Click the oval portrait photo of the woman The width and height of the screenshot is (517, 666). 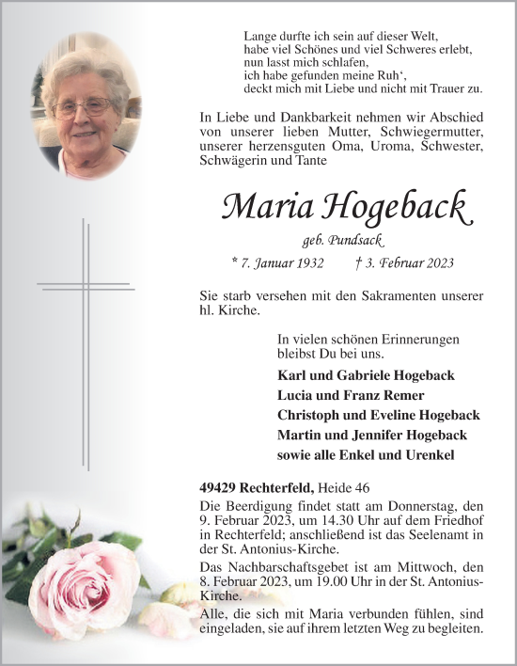(86, 105)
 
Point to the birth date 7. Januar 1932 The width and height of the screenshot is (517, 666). (283, 264)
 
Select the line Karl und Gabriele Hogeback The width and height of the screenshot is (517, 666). (366, 374)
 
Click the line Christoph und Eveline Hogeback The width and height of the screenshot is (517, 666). (379, 415)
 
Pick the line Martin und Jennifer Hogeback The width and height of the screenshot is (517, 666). (372, 435)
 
